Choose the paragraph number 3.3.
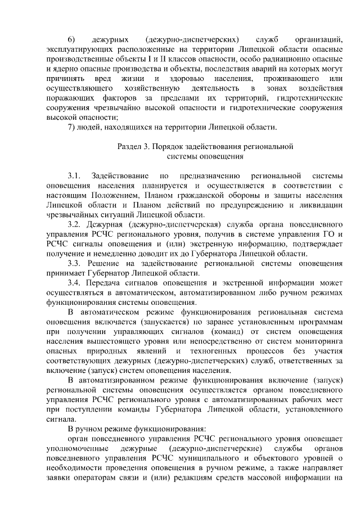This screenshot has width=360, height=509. click(x=74, y=264)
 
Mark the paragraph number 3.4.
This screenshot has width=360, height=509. click(x=74, y=284)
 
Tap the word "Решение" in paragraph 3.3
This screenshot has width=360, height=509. click(x=106, y=264)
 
